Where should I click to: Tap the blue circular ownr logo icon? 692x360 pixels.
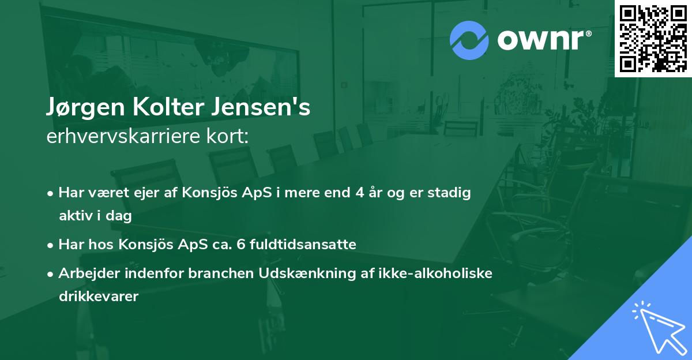pos(469,40)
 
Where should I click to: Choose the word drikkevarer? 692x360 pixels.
pos(99,297)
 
